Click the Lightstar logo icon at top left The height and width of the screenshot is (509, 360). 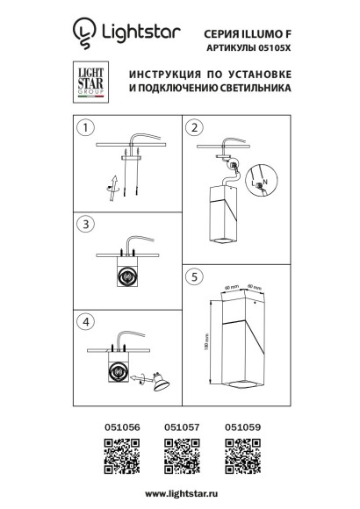[x=83, y=33]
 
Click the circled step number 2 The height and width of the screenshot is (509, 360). [x=194, y=127]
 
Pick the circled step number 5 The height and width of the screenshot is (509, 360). [x=194, y=275]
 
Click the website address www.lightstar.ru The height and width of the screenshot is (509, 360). [x=179, y=494]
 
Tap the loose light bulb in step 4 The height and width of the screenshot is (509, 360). [x=159, y=384]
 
